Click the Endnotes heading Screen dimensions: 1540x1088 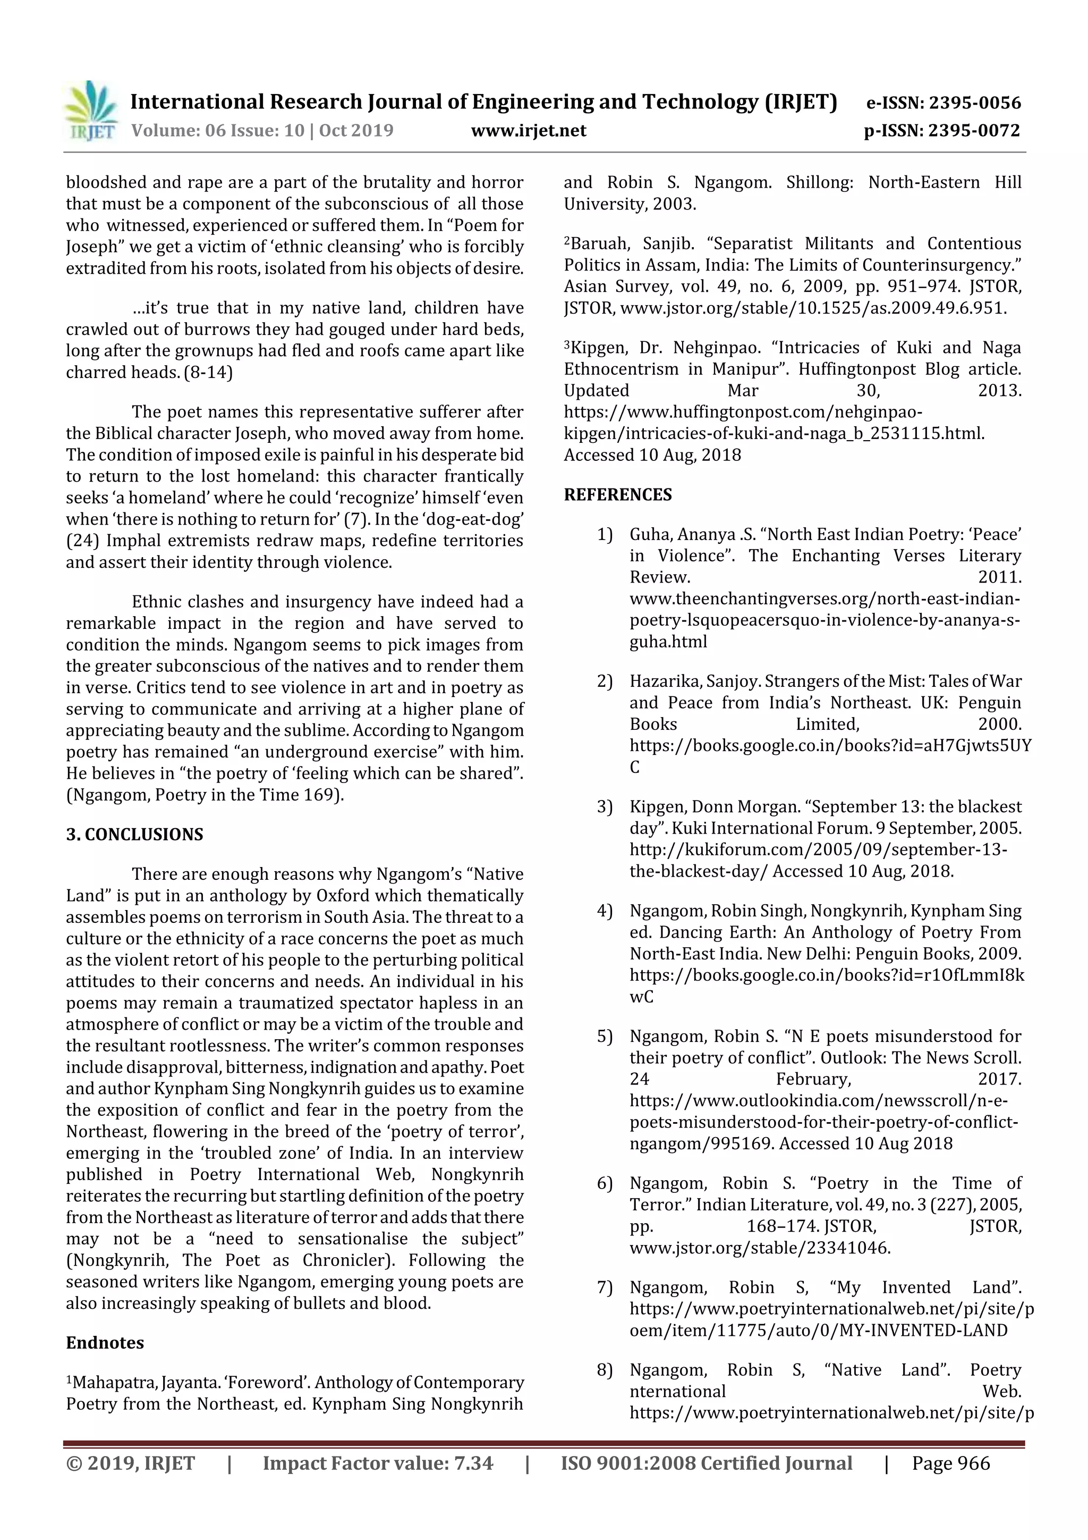[x=105, y=1343]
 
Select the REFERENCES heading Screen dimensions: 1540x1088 [x=617, y=495]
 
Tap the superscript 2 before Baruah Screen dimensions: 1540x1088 [x=566, y=241]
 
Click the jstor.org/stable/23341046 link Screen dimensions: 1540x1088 [x=760, y=1248]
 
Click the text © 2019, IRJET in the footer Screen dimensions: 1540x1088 [x=131, y=1463]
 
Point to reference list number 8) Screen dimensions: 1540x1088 [x=605, y=1370]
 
